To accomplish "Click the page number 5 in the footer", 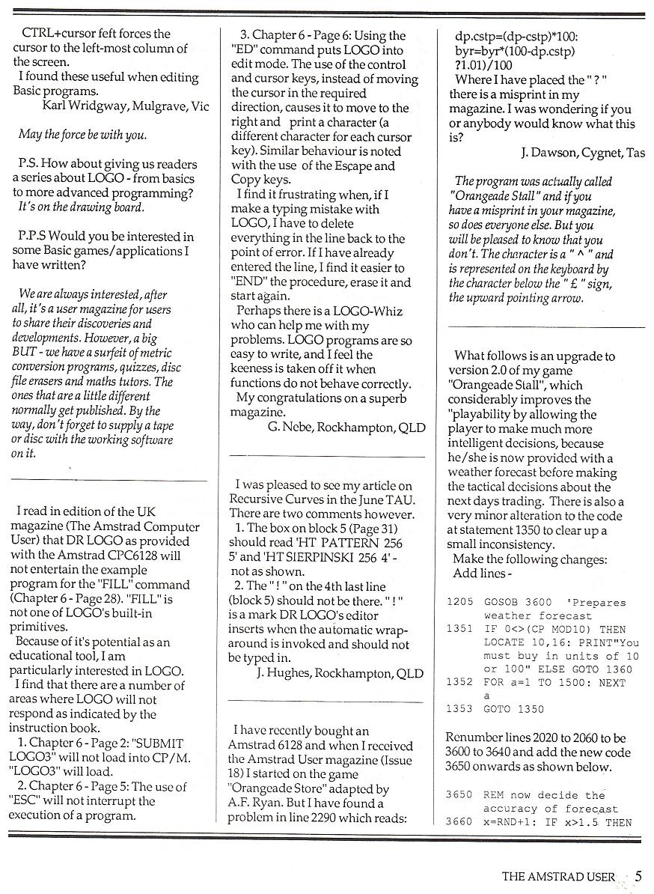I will (638, 876).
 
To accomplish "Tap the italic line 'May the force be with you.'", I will (82, 136).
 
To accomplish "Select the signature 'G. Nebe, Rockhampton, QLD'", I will (346, 428).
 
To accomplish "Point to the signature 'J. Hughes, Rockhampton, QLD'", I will (340, 673).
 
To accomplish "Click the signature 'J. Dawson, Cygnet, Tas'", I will (582, 153).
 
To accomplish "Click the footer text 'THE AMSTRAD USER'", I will (558, 877).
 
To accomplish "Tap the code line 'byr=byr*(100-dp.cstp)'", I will (516, 51).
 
